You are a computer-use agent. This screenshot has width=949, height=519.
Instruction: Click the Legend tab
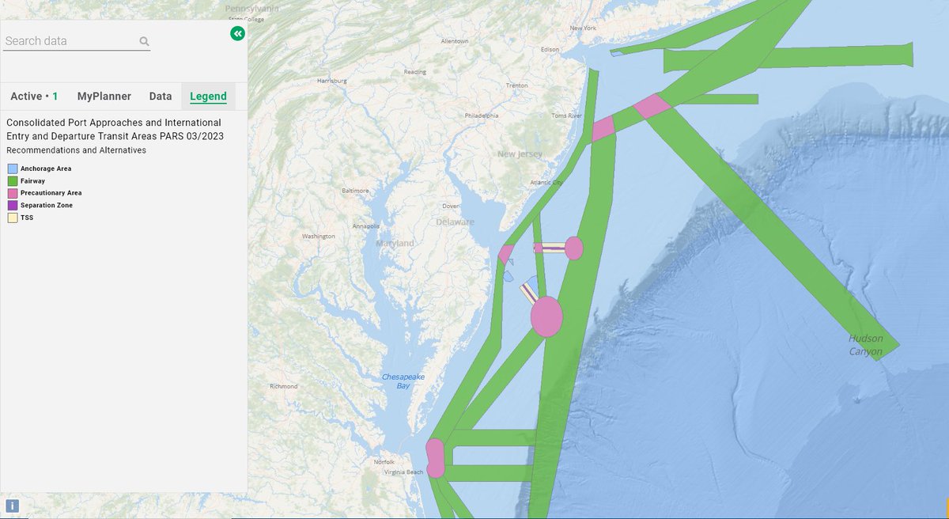click(208, 97)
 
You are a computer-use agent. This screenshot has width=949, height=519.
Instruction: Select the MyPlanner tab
click(104, 97)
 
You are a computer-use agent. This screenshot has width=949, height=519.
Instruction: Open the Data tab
click(160, 97)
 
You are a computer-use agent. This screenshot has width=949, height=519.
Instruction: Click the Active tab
click(34, 97)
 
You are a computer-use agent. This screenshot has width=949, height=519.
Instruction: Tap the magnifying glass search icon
click(144, 41)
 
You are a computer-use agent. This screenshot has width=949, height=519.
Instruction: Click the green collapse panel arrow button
click(237, 33)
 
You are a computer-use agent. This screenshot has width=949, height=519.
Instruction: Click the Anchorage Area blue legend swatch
click(12, 169)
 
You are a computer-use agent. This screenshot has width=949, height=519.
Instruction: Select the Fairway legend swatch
click(12, 181)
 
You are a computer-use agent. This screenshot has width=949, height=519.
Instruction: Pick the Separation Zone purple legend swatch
click(12, 205)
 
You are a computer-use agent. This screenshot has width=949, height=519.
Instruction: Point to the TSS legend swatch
click(12, 217)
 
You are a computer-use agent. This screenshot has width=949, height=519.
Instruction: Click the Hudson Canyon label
click(865, 345)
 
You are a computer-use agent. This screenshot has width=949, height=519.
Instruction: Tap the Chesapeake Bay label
click(403, 381)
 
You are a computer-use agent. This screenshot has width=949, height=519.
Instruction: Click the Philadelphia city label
click(482, 116)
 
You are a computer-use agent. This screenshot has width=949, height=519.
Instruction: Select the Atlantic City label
click(546, 183)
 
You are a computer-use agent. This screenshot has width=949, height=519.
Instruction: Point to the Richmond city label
click(283, 386)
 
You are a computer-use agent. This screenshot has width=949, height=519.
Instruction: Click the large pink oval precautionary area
click(546, 316)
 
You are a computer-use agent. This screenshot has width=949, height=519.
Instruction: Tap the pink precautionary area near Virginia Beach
click(435, 458)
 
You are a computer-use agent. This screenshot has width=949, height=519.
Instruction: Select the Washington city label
click(318, 237)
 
